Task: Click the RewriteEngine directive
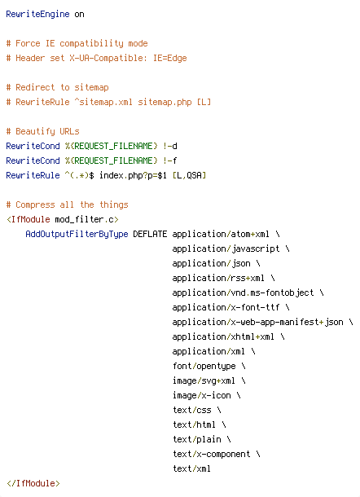(37, 15)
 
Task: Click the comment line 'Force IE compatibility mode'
(77, 43)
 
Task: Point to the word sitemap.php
(165, 102)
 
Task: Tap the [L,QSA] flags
(189, 175)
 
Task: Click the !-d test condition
(170, 146)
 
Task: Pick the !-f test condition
(170, 161)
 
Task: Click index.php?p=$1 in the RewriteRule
(133, 175)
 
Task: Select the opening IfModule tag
(63, 219)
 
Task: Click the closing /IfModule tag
(33, 483)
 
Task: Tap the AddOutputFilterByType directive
(77, 234)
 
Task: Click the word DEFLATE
(150, 234)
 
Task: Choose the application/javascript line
(226, 248)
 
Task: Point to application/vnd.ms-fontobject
(243, 292)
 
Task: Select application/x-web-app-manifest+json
(257, 322)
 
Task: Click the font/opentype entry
(204, 366)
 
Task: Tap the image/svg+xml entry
(204, 380)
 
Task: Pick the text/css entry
(192, 410)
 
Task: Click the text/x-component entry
(212, 454)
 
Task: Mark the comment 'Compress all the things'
(67, 205)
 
